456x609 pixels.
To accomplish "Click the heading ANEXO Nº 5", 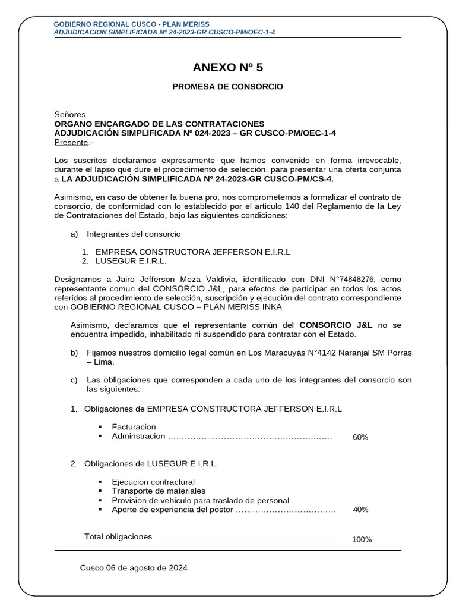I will pos(227,67).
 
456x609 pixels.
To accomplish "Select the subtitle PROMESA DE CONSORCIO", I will pos(227,87).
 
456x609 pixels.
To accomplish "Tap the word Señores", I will pos(70,114).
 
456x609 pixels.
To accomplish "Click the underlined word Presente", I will pos(71,142).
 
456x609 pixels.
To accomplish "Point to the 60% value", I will pos(360,437).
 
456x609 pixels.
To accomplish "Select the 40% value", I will pos(360,510).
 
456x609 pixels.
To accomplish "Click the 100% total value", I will pos(362,539).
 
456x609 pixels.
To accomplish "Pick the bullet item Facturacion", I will pos(134,427).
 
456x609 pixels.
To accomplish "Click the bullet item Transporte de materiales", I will pos(159,491).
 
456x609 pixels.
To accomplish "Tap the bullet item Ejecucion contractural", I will pos(153,481).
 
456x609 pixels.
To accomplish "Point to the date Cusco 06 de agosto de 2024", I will pos(134,568).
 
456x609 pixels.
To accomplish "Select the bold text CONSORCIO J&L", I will pos(336,325).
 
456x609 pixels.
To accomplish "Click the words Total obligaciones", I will pos(118,536).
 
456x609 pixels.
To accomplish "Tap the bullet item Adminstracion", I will pos(138,437).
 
